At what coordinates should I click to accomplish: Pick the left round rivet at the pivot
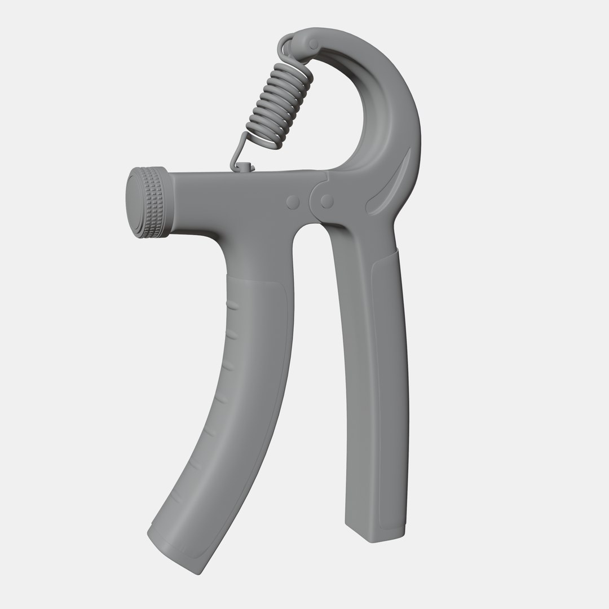pyautogui.click(x=293, y=202)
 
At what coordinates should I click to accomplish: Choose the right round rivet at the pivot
pyautogui.click(x=326, y=201)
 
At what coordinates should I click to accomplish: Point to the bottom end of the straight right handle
pyautogui.click(x=374, y=533)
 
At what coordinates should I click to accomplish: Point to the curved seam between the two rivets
pyautogui.click(x=311, y=201)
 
